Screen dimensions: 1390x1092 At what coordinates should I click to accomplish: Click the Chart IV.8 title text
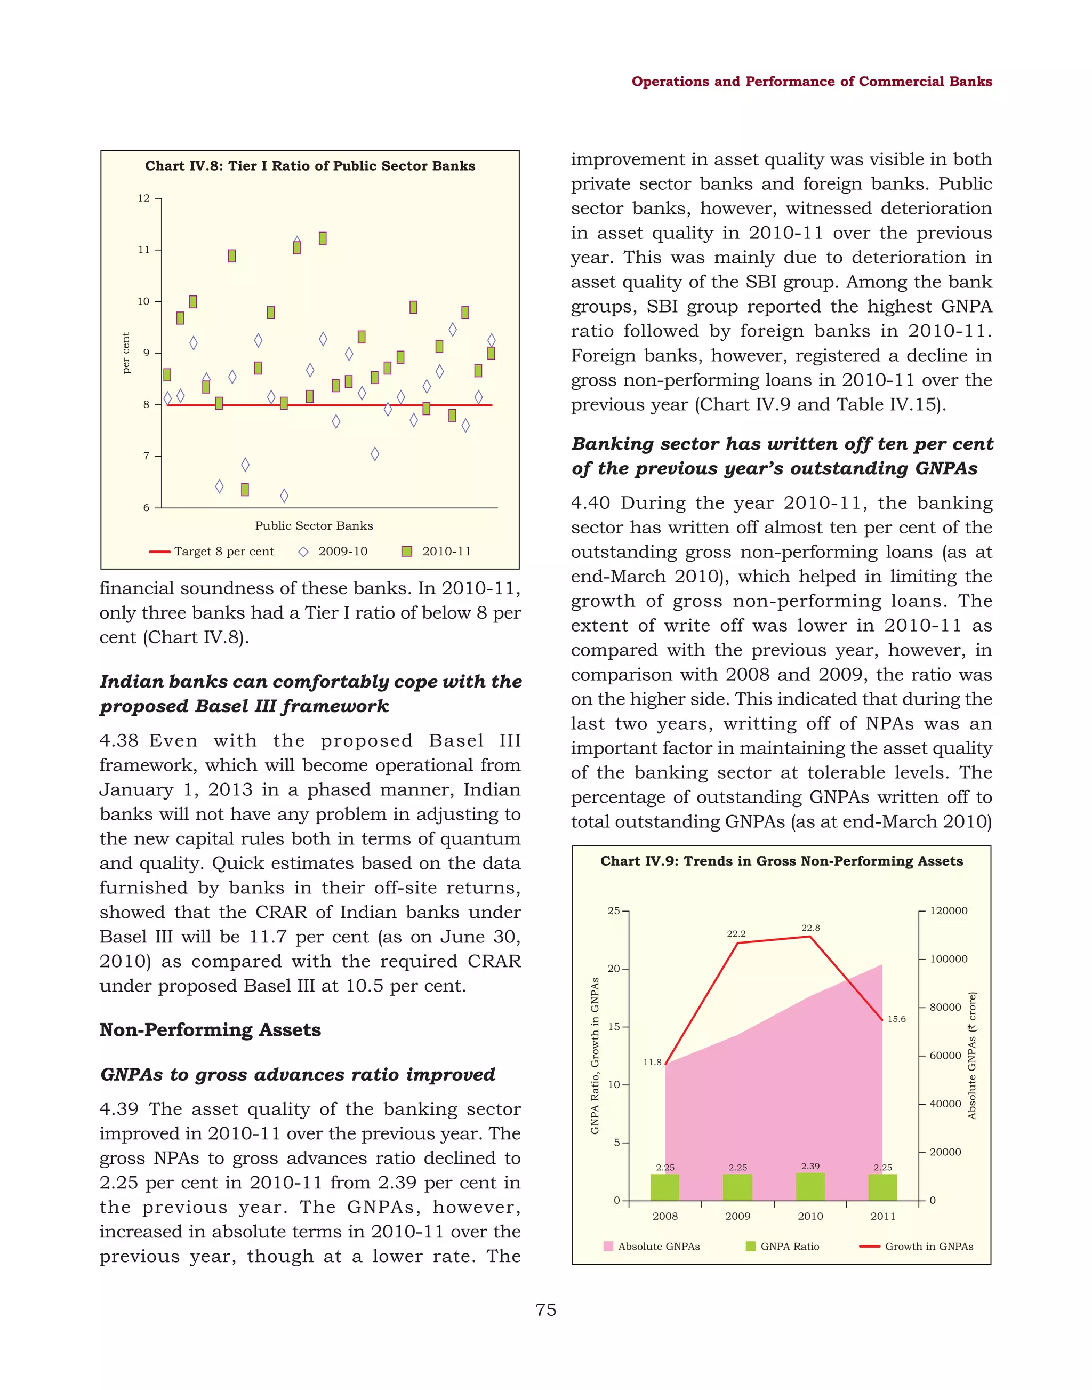(310, 166)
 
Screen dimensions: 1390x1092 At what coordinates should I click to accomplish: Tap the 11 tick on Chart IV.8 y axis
(144, 250)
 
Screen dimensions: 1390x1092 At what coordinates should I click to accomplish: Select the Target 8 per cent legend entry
(212, 552)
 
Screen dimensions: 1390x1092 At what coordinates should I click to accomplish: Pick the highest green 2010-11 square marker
(323, 238)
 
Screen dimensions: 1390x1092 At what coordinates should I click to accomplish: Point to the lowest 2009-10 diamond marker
(284, 496)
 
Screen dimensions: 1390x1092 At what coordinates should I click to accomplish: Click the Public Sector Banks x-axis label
(314, 526)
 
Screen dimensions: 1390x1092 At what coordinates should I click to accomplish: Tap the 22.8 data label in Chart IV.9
(810, 928)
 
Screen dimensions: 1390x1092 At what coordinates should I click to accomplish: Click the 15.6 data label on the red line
(896, 1019)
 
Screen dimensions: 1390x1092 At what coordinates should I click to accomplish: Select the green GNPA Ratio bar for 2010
(810, 1187)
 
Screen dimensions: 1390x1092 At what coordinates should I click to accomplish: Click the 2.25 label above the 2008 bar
(665, 1168)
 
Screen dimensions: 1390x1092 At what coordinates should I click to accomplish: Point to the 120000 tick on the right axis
(948, 911)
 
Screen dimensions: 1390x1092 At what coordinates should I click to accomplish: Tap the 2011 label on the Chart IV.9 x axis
(882, 1216)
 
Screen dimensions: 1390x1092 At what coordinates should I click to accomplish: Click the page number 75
(546, 1310)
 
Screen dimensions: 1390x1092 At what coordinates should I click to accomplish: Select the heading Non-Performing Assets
(210, 1030)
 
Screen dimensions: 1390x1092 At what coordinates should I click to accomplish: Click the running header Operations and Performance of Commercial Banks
(812, 81)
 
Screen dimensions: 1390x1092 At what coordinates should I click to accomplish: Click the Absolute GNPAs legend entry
(652, 1246)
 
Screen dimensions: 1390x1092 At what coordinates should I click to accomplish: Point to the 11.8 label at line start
(652, 1062)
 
